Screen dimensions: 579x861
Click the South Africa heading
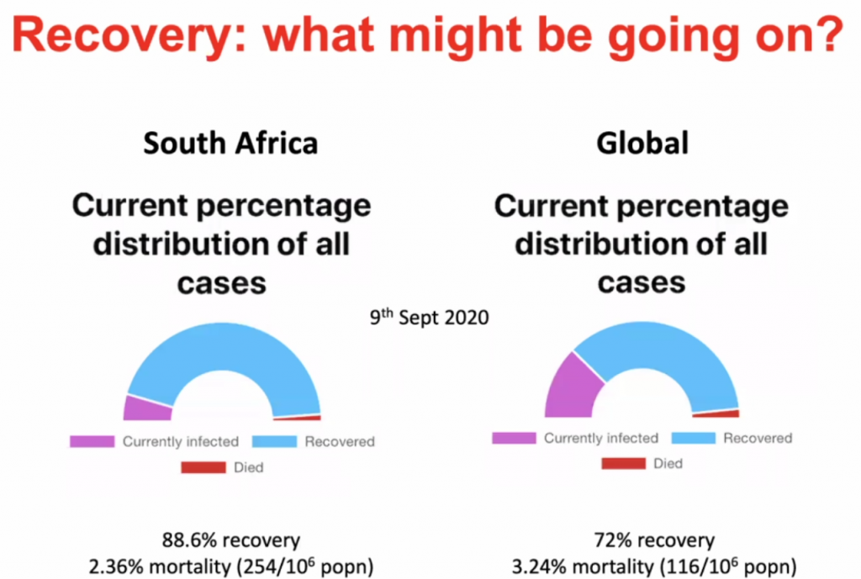click(x=230, y=143)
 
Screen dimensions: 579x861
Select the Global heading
click(x=642, y=143)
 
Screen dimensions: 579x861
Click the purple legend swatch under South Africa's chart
click(x=92, y=441)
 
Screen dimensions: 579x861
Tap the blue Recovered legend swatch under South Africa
click(x=273, y=441)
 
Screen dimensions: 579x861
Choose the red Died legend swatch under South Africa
click(x=203, y=467)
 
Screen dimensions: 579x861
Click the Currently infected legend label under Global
click(x=600, y=438)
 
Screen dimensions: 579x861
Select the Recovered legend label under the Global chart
click(x=758, y=438)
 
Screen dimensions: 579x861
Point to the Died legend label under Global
click(x=668, y=463)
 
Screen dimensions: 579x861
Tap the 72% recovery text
click(x=652, y=540)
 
